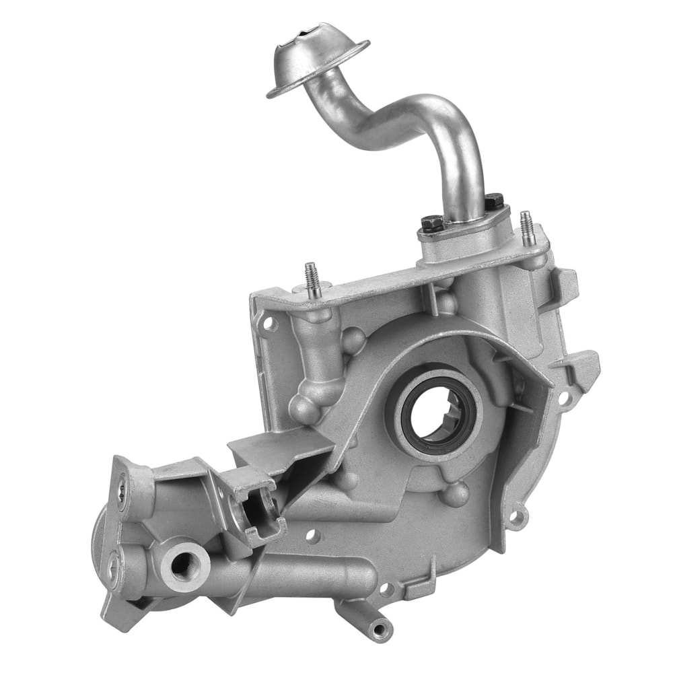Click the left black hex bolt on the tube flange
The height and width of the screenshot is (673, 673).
point(431,221)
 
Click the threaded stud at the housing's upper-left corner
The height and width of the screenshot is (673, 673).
point(311,276)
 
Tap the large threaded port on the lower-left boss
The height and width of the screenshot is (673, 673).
point(180,563)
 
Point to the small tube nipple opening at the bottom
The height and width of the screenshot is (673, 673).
point(381,629)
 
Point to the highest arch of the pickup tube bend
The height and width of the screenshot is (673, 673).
point(431,108)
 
